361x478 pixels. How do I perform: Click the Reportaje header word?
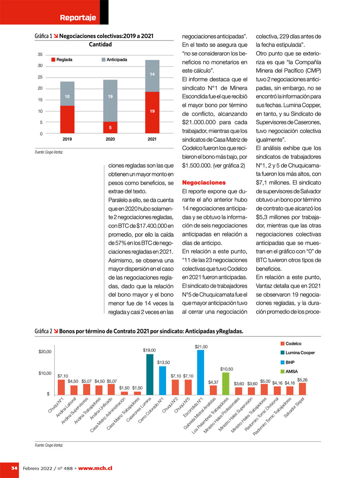click(x=78, y=17)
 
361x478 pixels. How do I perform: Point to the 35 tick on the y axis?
click(x=40, y=54)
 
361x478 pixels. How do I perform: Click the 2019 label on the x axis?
click(x=67, y=139)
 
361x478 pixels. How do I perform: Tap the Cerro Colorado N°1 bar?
click(x=162, y=380)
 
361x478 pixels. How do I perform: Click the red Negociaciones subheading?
click(x=204, y=183)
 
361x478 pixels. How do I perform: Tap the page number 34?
click(x=14, y=468)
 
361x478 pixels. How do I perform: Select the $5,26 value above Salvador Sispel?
click(x=302, y=380)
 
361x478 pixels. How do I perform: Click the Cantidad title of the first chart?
click(x=100, y=45)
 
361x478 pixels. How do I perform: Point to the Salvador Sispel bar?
click(x=302, y=389)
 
